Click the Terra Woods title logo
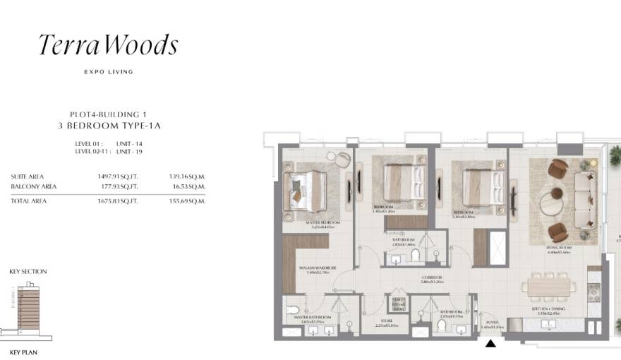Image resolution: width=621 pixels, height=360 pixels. tap(108, 46)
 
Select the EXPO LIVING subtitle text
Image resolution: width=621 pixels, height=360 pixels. tap(108, 72)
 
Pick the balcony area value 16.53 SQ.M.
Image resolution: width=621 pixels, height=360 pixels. tap(188, 186)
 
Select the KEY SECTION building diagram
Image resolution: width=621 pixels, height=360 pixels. tap(25, 307)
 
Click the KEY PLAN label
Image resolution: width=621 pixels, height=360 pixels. tap(24, 351)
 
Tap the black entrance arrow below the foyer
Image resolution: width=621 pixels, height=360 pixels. tap(490, 343)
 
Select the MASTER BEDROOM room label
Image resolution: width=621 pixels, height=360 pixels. tap(323, 222)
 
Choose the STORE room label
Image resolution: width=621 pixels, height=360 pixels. tap(385, 321)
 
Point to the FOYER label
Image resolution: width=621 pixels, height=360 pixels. tap(491, 321)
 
